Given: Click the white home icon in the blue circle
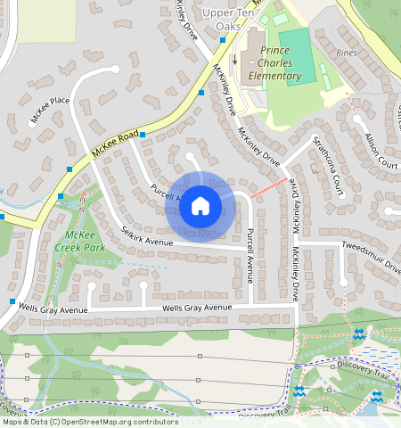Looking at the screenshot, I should pos(200,207).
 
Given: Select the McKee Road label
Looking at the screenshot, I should pos(117,144).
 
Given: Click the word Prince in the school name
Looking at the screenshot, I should pos(281,49).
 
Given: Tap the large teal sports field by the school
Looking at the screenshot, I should pos(300,55).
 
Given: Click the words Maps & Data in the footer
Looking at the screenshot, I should pos(24,422).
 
